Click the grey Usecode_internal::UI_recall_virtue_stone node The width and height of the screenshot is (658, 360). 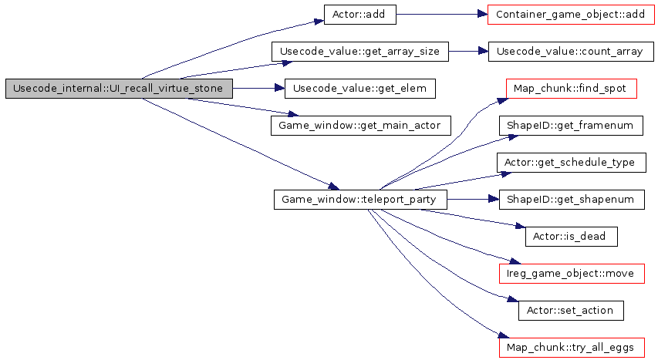pyautogui.click(x=118, y=89)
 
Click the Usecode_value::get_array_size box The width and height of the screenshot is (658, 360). pyautogui.click(x=359, y=52)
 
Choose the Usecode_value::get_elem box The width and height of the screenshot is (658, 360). pyautogui.click(x=359, y=89)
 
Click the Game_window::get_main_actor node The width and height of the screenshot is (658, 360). pyautogui.click(x=359, y=126)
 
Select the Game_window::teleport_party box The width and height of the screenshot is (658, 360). pyautogui.click(x=359, y=200)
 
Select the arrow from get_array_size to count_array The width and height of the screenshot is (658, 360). pyautogui.click(x=468, y=52)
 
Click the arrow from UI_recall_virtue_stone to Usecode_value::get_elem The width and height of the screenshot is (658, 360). pyautogui.click(x=258, y=89)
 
